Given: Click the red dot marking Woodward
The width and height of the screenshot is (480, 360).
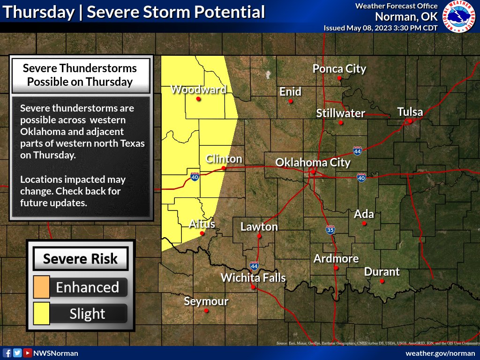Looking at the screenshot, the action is click(x=199, y=99).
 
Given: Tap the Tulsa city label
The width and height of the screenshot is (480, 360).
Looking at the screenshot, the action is click(x=410, y=112).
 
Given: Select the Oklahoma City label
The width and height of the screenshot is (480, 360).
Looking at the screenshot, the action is click(x=313, y=162).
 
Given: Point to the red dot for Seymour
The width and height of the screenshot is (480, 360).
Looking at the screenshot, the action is click(x=206, y=310).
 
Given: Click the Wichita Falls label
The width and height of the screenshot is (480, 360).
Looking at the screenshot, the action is click(x=253, y=277).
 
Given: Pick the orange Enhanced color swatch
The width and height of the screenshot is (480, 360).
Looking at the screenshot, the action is click(x=42, y=287).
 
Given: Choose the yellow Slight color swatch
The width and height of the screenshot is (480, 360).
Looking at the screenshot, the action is click(x=42, y=314).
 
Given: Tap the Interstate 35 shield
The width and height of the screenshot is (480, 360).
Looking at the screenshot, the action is click(x=330, y=230).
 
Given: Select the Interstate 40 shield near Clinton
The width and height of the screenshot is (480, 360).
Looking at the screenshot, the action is click(x=195, y=177).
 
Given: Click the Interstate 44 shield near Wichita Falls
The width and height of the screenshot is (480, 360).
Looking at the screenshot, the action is click(x=254, y=265).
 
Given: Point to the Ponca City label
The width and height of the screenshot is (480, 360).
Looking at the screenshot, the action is click(x=339, y=69).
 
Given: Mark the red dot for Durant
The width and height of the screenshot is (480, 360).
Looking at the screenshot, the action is click(x=382, y=281).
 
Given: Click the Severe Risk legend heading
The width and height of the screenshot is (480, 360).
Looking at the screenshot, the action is click(x=80, y=259).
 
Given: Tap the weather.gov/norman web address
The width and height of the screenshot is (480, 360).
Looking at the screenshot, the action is click(x=440, y=353).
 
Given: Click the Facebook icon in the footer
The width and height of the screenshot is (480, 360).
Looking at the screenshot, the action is click(x=7, y=353).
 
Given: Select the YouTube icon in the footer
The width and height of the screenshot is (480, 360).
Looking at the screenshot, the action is click(x=28, y=353).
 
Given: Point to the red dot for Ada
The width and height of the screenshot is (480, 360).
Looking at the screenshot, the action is click(x=364, y=224).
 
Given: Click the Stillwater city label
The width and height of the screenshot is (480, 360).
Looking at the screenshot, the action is click(x=340, y=113).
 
